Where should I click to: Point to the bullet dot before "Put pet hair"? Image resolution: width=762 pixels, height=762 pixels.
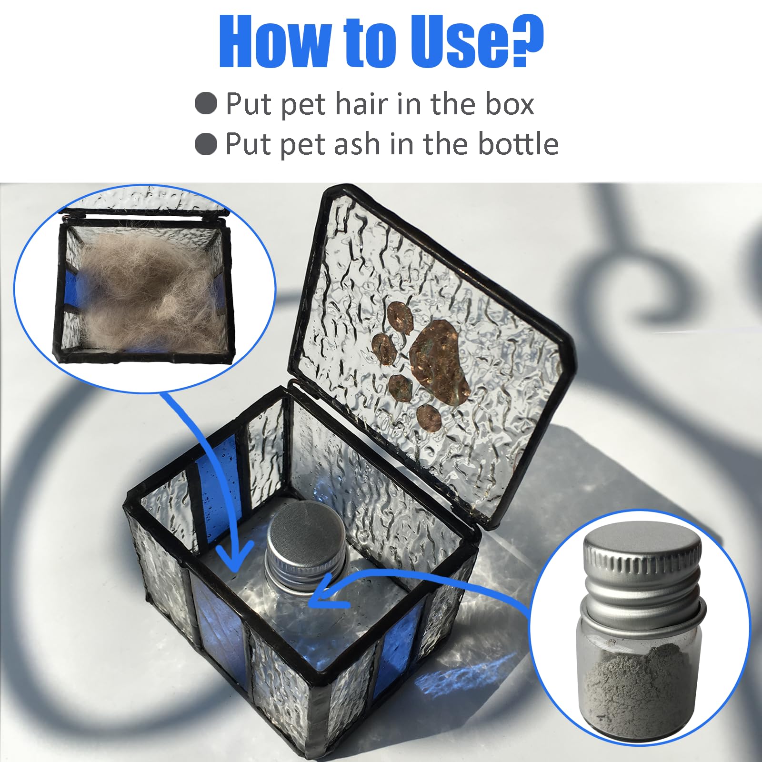point(206,103)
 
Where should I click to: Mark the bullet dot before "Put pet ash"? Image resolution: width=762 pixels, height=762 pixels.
point(206,143)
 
